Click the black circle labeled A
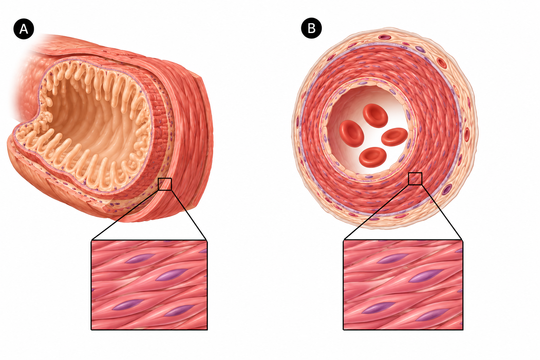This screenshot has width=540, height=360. point(24,29)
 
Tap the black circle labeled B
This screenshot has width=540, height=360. point(311,28)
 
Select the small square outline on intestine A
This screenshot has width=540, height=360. point(165,184)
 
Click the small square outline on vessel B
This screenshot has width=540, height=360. point(415,179)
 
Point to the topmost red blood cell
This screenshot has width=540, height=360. point(375,116)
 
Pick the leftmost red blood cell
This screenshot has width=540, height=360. point(352,133)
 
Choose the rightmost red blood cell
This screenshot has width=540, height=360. point(394,137)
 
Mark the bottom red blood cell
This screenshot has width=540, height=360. point(373,157)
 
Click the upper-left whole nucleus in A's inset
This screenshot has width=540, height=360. point(139,258)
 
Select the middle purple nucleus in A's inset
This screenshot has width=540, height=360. point(172,275)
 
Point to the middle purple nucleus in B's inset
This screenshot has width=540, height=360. point(425,276)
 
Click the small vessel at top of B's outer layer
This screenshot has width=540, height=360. point(385,37)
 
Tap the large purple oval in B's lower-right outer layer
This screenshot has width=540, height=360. point(447,189)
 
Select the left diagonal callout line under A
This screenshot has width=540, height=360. point(125,215)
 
